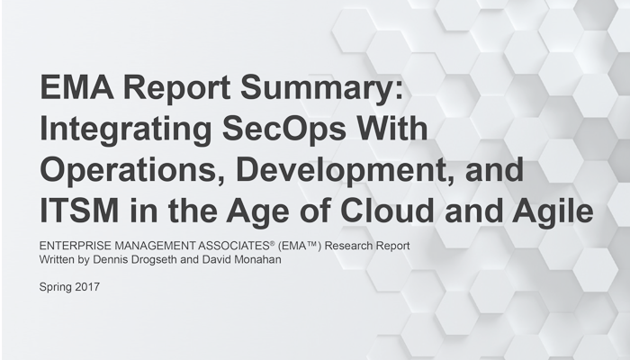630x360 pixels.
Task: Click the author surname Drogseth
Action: coord(155,259)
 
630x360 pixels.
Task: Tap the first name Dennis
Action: coord(112,259)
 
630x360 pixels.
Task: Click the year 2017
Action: coord(87,287)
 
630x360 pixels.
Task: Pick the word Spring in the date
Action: coord(56,288)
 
